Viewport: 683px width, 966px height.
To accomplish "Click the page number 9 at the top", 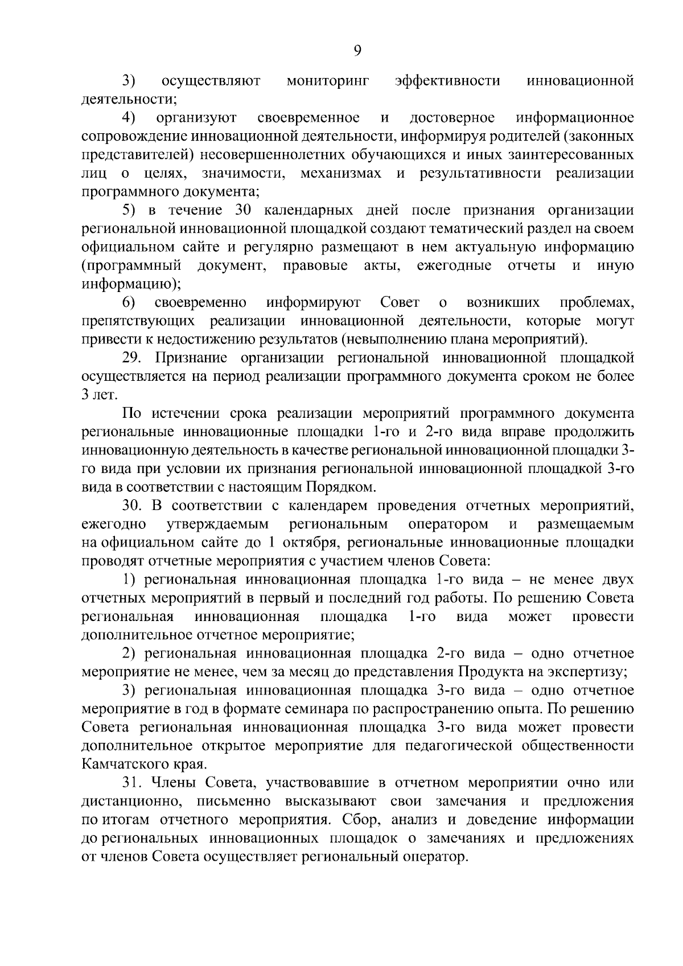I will [x=357, y=51].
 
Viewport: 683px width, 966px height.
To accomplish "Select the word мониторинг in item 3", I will [x=327, y=81].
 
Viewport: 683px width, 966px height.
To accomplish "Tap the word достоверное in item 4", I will [x=452, y=118].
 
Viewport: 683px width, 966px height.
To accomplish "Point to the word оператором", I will [x=448, y=524].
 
